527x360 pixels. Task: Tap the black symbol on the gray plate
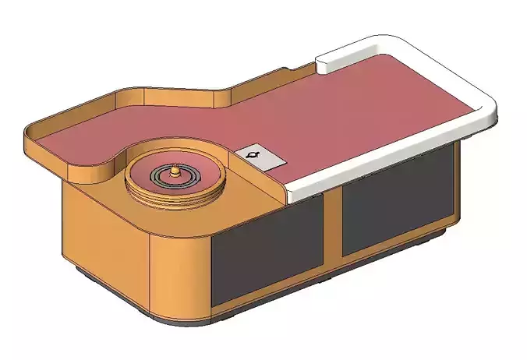pos(253,157)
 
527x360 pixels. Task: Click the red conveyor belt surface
pos(351,117)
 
